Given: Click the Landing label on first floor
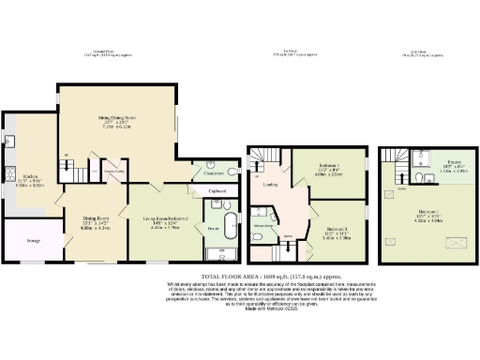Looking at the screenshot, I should (x=270, y=184).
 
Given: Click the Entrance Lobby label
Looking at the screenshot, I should (x=112, y=171).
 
